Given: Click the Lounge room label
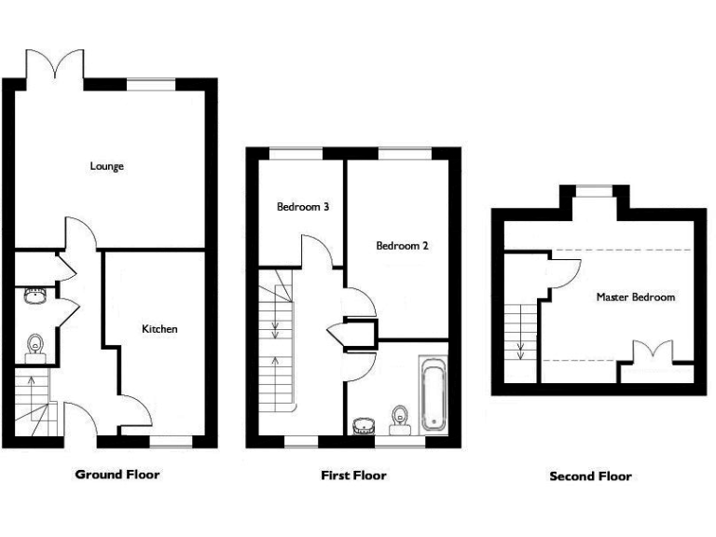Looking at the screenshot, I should point(107,167).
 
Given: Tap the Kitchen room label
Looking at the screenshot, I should point(159,329).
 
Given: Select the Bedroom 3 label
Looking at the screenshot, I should point(303,207).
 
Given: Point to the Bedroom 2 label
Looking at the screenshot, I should point(402,246).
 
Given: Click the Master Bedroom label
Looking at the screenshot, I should point(636,297).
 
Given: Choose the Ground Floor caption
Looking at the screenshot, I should point(117,475).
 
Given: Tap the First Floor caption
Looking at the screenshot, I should point(353,475).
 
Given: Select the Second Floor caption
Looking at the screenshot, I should point(590,476).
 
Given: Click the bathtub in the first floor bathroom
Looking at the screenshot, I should point(434,393).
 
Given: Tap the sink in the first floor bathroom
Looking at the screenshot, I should point(365,425).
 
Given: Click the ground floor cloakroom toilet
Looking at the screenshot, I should point(35,344).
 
